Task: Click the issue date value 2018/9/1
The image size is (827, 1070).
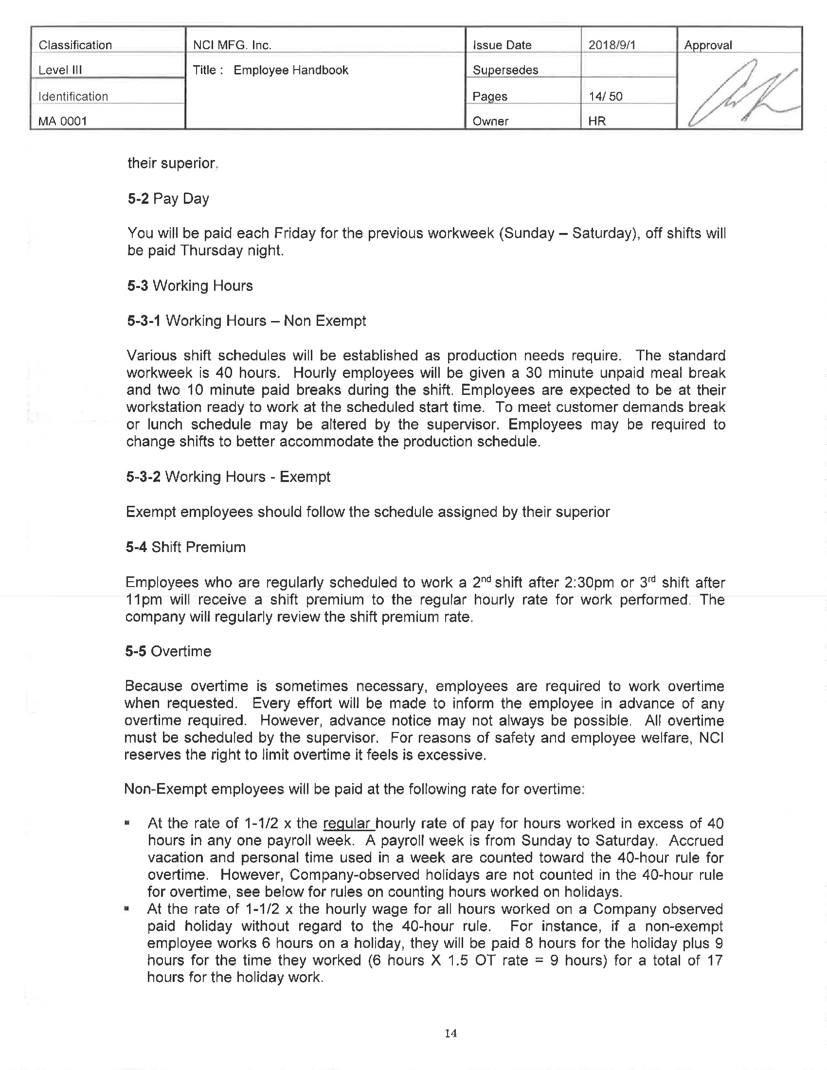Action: coord(611,45)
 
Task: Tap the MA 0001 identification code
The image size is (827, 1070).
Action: coord(63,121)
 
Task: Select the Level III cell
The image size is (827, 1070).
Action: coord(60,70)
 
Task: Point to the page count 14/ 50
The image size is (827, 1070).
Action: coord(606,96)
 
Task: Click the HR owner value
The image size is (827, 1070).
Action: coord(597,121)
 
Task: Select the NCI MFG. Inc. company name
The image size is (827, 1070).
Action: coord(232,45)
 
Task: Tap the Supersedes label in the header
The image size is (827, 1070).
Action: coord(505,70)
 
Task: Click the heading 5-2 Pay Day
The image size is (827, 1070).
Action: coord(168,198)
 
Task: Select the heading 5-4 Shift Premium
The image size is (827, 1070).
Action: coord(186,547)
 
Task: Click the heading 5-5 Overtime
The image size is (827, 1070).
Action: coord(168,651)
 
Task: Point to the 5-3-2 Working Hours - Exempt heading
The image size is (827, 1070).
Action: coord(228,477)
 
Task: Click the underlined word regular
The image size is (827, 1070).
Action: coord(347,823)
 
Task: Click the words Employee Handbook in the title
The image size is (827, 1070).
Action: coord(290,70)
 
